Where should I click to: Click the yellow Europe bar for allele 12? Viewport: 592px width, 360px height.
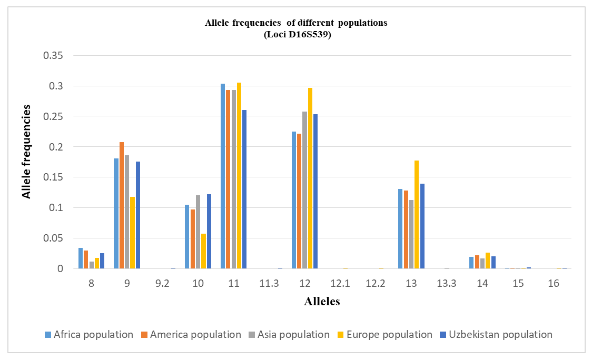(x=310, y=178)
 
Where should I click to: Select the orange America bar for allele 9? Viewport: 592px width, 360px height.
(x=122, y=205)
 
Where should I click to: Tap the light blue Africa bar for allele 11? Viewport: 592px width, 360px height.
(x=223, y=176)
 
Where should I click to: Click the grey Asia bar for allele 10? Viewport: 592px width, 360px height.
(x=198, y=232)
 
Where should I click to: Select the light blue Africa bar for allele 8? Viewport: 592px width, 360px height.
(x=81, y=258)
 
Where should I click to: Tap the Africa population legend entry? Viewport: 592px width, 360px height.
(x=89, y=334)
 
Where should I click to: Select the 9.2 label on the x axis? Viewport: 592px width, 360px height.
(x=163, y=283)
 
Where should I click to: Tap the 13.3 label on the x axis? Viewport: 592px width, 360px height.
(x=447, y=283)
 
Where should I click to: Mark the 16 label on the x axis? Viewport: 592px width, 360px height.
(x=553, y=283)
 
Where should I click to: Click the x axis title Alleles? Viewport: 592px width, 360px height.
(x=322, y=302)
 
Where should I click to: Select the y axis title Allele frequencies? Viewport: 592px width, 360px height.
(x=26, y=152)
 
